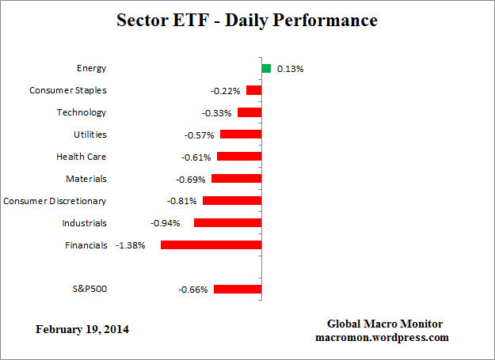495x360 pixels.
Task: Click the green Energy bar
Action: [x=266, y=68]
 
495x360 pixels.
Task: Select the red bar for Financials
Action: [x=211, y=245]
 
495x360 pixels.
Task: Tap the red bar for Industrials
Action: [x=227, y=223]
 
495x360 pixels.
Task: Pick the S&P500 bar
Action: [x=237, y=290]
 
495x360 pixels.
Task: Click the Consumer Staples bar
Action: [x=253, y=90]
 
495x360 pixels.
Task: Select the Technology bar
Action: [x=249, y=112]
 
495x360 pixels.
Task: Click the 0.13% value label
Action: [x=290, y=69]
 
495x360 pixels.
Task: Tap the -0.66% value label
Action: [x=192, y=290]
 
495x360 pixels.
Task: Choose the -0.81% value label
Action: [x=182, y=201]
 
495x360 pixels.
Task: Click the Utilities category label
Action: [x=89, y=135]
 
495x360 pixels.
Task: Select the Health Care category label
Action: [x=81, y=157]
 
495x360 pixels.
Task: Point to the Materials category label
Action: [x=86, y=179]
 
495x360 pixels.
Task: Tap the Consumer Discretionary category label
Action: [x=55, y=201]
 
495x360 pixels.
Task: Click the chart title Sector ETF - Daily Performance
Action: [x=247, y=21]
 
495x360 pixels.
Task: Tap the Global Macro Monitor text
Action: [x=385, y=324]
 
